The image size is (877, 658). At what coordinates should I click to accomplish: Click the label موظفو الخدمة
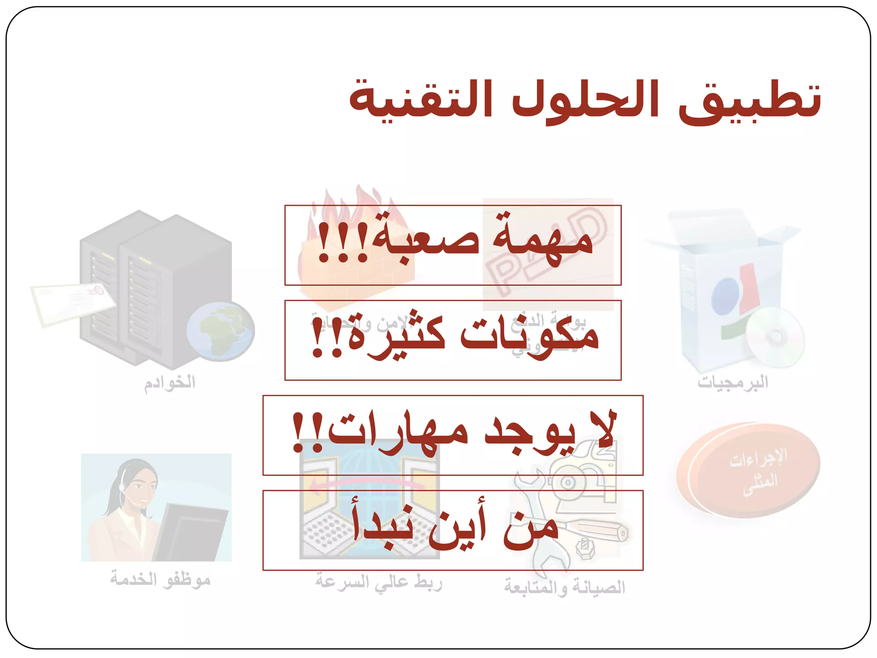tap(160, 579)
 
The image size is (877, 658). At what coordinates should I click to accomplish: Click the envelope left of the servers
tap(73, 302)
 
